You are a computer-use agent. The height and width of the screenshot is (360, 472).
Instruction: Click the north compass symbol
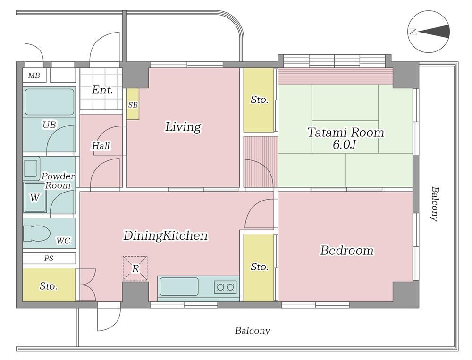[429, 32]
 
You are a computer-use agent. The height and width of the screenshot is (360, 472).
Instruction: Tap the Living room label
[183, 127]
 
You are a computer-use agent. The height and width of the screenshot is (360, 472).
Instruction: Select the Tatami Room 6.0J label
[346, 138]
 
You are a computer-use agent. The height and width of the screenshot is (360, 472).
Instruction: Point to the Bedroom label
[346, 251]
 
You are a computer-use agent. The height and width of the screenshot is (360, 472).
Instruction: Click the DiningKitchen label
[165, 236]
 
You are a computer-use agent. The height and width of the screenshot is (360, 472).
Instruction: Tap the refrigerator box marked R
[135, 268]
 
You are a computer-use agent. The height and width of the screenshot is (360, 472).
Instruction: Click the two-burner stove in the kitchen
[225, 287]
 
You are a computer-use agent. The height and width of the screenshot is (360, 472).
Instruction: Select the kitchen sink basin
[179, 287]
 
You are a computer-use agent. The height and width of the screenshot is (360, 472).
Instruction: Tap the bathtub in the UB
[49, 102]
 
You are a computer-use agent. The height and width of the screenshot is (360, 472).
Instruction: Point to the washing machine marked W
[34, 198]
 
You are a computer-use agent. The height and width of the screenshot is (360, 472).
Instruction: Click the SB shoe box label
[133, 105]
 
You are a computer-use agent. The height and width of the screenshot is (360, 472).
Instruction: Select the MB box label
[34, 75]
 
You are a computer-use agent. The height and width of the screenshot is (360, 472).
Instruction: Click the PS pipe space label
[49, 258]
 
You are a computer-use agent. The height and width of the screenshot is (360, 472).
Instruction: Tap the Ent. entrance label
[102, 90]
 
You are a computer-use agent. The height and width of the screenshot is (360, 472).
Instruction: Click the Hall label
[101, 146]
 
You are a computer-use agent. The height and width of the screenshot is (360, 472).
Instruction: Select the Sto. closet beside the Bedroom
[259, 268]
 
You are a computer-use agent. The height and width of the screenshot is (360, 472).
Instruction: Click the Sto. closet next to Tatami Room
[259, 100]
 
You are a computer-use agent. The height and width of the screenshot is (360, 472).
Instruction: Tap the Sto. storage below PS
[49, 285]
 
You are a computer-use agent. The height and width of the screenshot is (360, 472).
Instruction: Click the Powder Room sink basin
[31, 168]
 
